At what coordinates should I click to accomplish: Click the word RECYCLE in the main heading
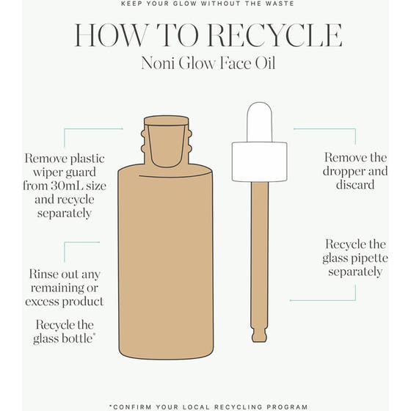point(275,35)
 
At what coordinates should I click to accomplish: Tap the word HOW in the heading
point(110,35)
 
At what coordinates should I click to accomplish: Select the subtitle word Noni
point(158,63)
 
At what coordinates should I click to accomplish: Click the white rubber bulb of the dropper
point(260,122)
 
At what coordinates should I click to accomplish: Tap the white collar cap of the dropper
point(260,161)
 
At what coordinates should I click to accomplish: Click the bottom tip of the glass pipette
point(260,341)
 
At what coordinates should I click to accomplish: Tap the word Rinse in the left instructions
point(43,274)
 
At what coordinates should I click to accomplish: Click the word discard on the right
point(355,184)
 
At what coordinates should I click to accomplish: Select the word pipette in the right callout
point(370,258)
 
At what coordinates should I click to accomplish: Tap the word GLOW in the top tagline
point(180,4)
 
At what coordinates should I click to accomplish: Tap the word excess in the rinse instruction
point(42,302)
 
